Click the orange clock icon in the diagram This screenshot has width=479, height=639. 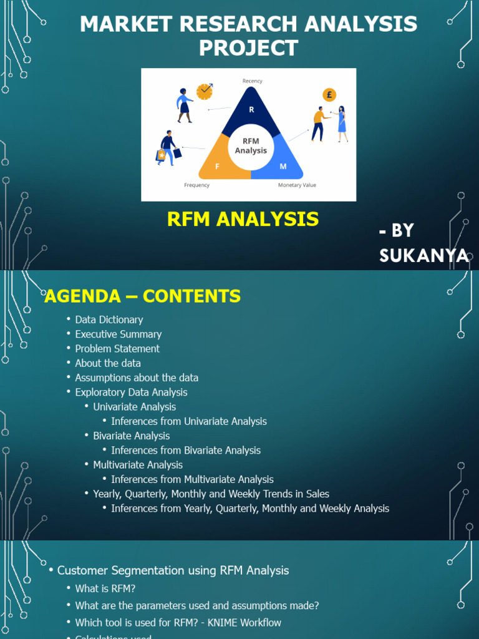(x=204, y=92)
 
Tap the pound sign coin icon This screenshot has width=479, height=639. (x=329, y=95)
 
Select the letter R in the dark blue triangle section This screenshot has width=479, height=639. (x=251, y=110)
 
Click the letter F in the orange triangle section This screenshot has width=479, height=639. (x=217, y=167)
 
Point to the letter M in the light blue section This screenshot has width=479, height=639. (x=283, y=167)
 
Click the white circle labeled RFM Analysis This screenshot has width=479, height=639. (x=251, y=147)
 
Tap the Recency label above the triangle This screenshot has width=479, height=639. (x=252, y=81)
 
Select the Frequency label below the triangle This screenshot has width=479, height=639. (x=196, y=185)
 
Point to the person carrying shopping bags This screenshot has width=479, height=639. (x=167, y=149)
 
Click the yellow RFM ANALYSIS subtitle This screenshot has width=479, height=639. (x=243, y=219)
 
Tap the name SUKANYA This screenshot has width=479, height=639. (x=423, y=255)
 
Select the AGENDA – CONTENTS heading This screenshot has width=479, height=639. (x=142, y=296)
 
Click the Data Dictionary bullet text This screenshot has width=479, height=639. (x=109, y=319)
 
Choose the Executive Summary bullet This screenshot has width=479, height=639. (x=119, y=334)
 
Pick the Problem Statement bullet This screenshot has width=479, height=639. (x=117, y=348)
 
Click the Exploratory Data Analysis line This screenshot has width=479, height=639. (x=131, y=392)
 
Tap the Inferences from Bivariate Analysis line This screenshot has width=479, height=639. (x=186, y=450)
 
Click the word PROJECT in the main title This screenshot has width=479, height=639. (x=248, y=48)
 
